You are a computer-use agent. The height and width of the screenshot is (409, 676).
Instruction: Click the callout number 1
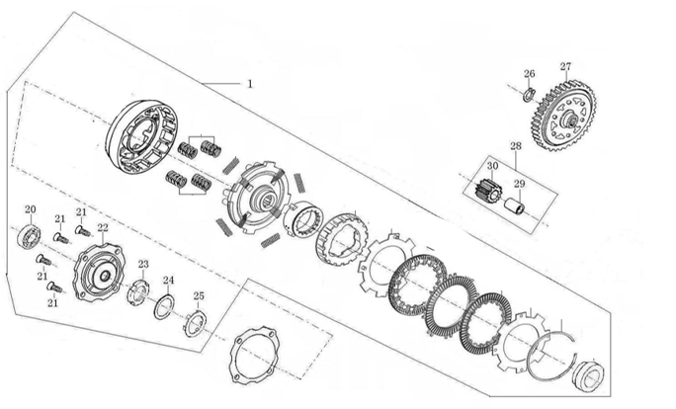coord(250,84)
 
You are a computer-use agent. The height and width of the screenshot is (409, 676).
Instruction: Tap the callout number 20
coord(30,209)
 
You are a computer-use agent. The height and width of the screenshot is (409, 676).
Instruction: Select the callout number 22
coord(103,228)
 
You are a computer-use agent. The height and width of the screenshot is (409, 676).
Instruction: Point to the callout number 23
coord(143,265)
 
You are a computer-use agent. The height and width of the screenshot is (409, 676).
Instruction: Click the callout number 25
coord(199,296)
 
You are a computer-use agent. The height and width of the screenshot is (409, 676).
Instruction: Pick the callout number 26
coord(529,74)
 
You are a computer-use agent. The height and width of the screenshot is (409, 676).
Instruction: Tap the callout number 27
coord(565,67)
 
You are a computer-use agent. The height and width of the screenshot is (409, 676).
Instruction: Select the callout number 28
coord(515,147)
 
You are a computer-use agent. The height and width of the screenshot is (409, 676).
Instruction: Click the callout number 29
coord(519,184)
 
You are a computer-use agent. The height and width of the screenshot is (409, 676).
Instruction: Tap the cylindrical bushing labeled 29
coord(515,209)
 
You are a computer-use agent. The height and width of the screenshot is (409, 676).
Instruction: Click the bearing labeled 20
coord(31,236)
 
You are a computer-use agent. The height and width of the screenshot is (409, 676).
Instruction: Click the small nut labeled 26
coord(530,95)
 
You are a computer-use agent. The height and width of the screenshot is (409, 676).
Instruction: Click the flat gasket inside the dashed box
coord(255,353)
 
